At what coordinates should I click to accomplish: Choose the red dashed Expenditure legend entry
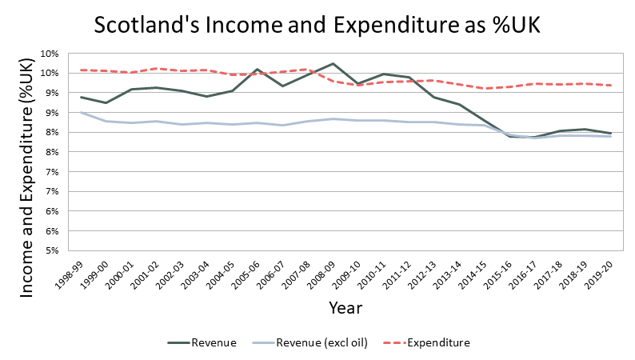(x=437, y=342)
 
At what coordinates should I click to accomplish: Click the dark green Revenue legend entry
(x=213, y=342)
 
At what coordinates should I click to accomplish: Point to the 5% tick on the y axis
(x=48, y=250)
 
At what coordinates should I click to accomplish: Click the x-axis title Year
(x=345, y=307)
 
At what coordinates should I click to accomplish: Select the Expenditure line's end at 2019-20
(x=613, y=85)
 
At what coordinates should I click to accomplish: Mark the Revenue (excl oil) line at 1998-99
(x=82, y=112)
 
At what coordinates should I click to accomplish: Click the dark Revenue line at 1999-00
(x=106, y=102)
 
